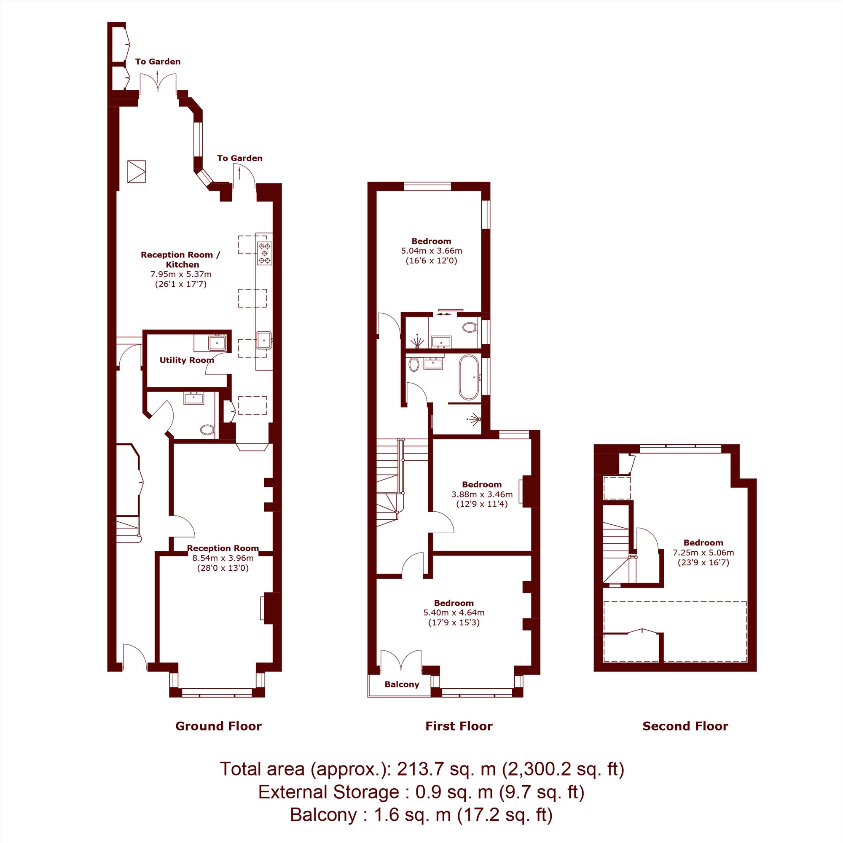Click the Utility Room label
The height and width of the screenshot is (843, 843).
187,360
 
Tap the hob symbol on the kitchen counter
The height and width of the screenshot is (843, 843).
264,253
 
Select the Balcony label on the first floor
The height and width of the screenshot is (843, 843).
402,684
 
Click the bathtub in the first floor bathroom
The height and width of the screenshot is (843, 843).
469,377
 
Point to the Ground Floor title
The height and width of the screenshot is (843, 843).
219,726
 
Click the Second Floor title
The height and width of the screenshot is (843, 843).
685,726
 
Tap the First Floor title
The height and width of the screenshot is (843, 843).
459,726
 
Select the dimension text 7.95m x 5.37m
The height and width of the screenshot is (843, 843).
181,274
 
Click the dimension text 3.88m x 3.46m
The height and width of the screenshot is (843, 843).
482,494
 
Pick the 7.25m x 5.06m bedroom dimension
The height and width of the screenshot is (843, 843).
703,553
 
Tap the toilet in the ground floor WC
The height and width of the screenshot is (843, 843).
207,430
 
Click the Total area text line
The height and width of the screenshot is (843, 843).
422,769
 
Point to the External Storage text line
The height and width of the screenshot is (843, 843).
421,792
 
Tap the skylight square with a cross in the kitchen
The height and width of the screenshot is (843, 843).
137,172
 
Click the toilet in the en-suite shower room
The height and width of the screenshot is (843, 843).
470,327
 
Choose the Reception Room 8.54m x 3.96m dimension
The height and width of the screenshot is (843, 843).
223,558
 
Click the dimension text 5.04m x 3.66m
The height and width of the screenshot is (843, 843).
432,251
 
